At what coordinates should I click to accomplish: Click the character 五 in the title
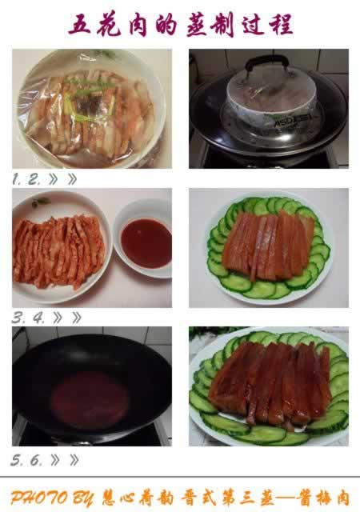click(80, 24)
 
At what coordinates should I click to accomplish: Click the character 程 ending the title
click(282, 24)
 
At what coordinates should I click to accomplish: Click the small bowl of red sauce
click(143, 238)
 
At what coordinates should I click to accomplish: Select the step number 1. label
click(17, 179)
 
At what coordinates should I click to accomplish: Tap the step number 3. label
click(18, 318)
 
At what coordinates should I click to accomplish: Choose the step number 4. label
click(38, 318)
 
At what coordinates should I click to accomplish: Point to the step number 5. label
click(17, 460)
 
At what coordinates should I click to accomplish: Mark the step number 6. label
click(37, 460)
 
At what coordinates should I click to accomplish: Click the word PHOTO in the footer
click(38, 498)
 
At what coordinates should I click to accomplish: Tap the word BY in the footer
click(83, 498)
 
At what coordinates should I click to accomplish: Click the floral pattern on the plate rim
click(41, 202)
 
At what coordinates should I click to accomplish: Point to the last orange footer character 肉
click(341, 498)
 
